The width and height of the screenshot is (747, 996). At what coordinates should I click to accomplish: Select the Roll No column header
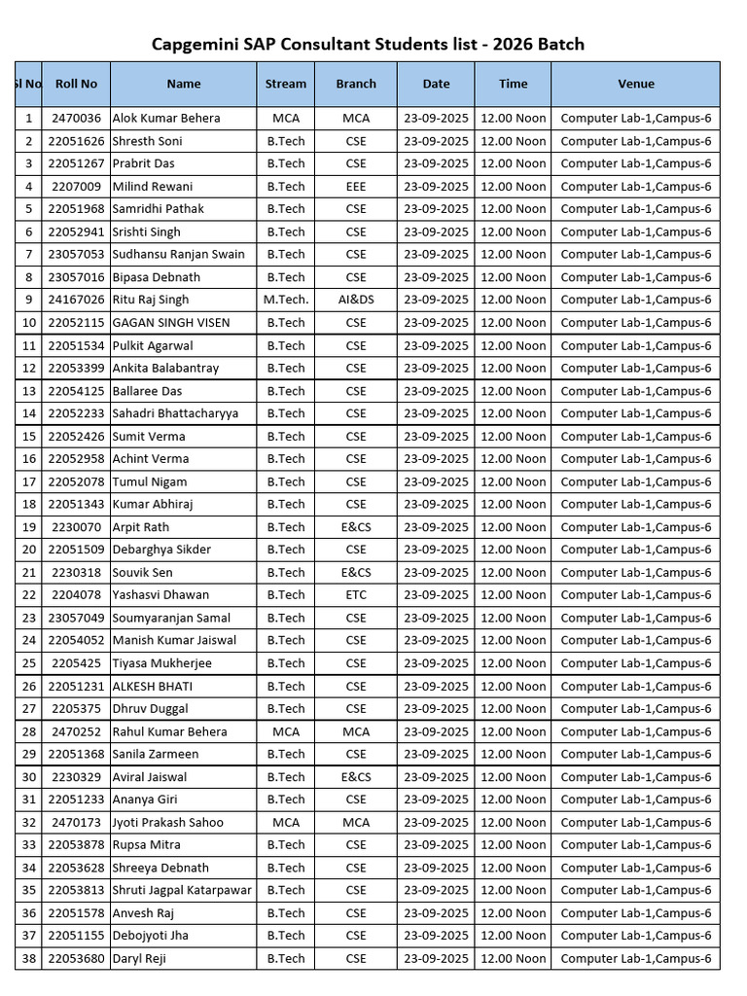pyautogui.click(x=76, y=84)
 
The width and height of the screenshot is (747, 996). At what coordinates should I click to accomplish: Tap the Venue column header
pyautogui.click(x=635, y=84)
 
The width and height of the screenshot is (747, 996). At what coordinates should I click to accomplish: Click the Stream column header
pyautogui.click(x=286, y=84)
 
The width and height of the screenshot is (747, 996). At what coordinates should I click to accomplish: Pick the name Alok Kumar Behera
pyautogui.click(x=166, y=118)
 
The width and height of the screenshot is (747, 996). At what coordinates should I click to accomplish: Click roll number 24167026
pyautogui.click(x=76, y=300)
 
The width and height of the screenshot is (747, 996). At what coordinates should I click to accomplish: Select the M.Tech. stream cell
pyautogui.click(x=286, y=300)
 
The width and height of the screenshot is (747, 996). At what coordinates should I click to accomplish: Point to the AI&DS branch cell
pyautogui.click(x=356, y=300)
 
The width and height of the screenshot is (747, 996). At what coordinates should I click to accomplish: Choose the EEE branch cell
pyautogui.click(x=356, y=186)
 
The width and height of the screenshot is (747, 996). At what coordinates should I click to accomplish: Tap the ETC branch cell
pyautogui.click(x=356, y=594)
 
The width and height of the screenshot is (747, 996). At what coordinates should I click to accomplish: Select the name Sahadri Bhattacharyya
pyautogui.click(x=175, y=413)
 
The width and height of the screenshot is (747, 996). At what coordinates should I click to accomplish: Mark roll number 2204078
pyautogui.click(x=76, y=594)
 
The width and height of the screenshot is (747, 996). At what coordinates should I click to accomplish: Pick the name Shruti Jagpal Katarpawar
pyautogui.click(x=182, y=890)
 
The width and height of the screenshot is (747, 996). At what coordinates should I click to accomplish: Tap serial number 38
pyautogui.click(x=28, y=958)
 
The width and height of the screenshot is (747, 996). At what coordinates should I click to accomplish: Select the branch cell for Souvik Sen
pyautogui.click(x=356, y=572)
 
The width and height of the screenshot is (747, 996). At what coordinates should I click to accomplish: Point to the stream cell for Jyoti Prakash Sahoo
pyautogui.click(x=286, y=822)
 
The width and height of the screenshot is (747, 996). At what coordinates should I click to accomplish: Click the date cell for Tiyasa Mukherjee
pyautogui.click(x=436, y=663)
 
